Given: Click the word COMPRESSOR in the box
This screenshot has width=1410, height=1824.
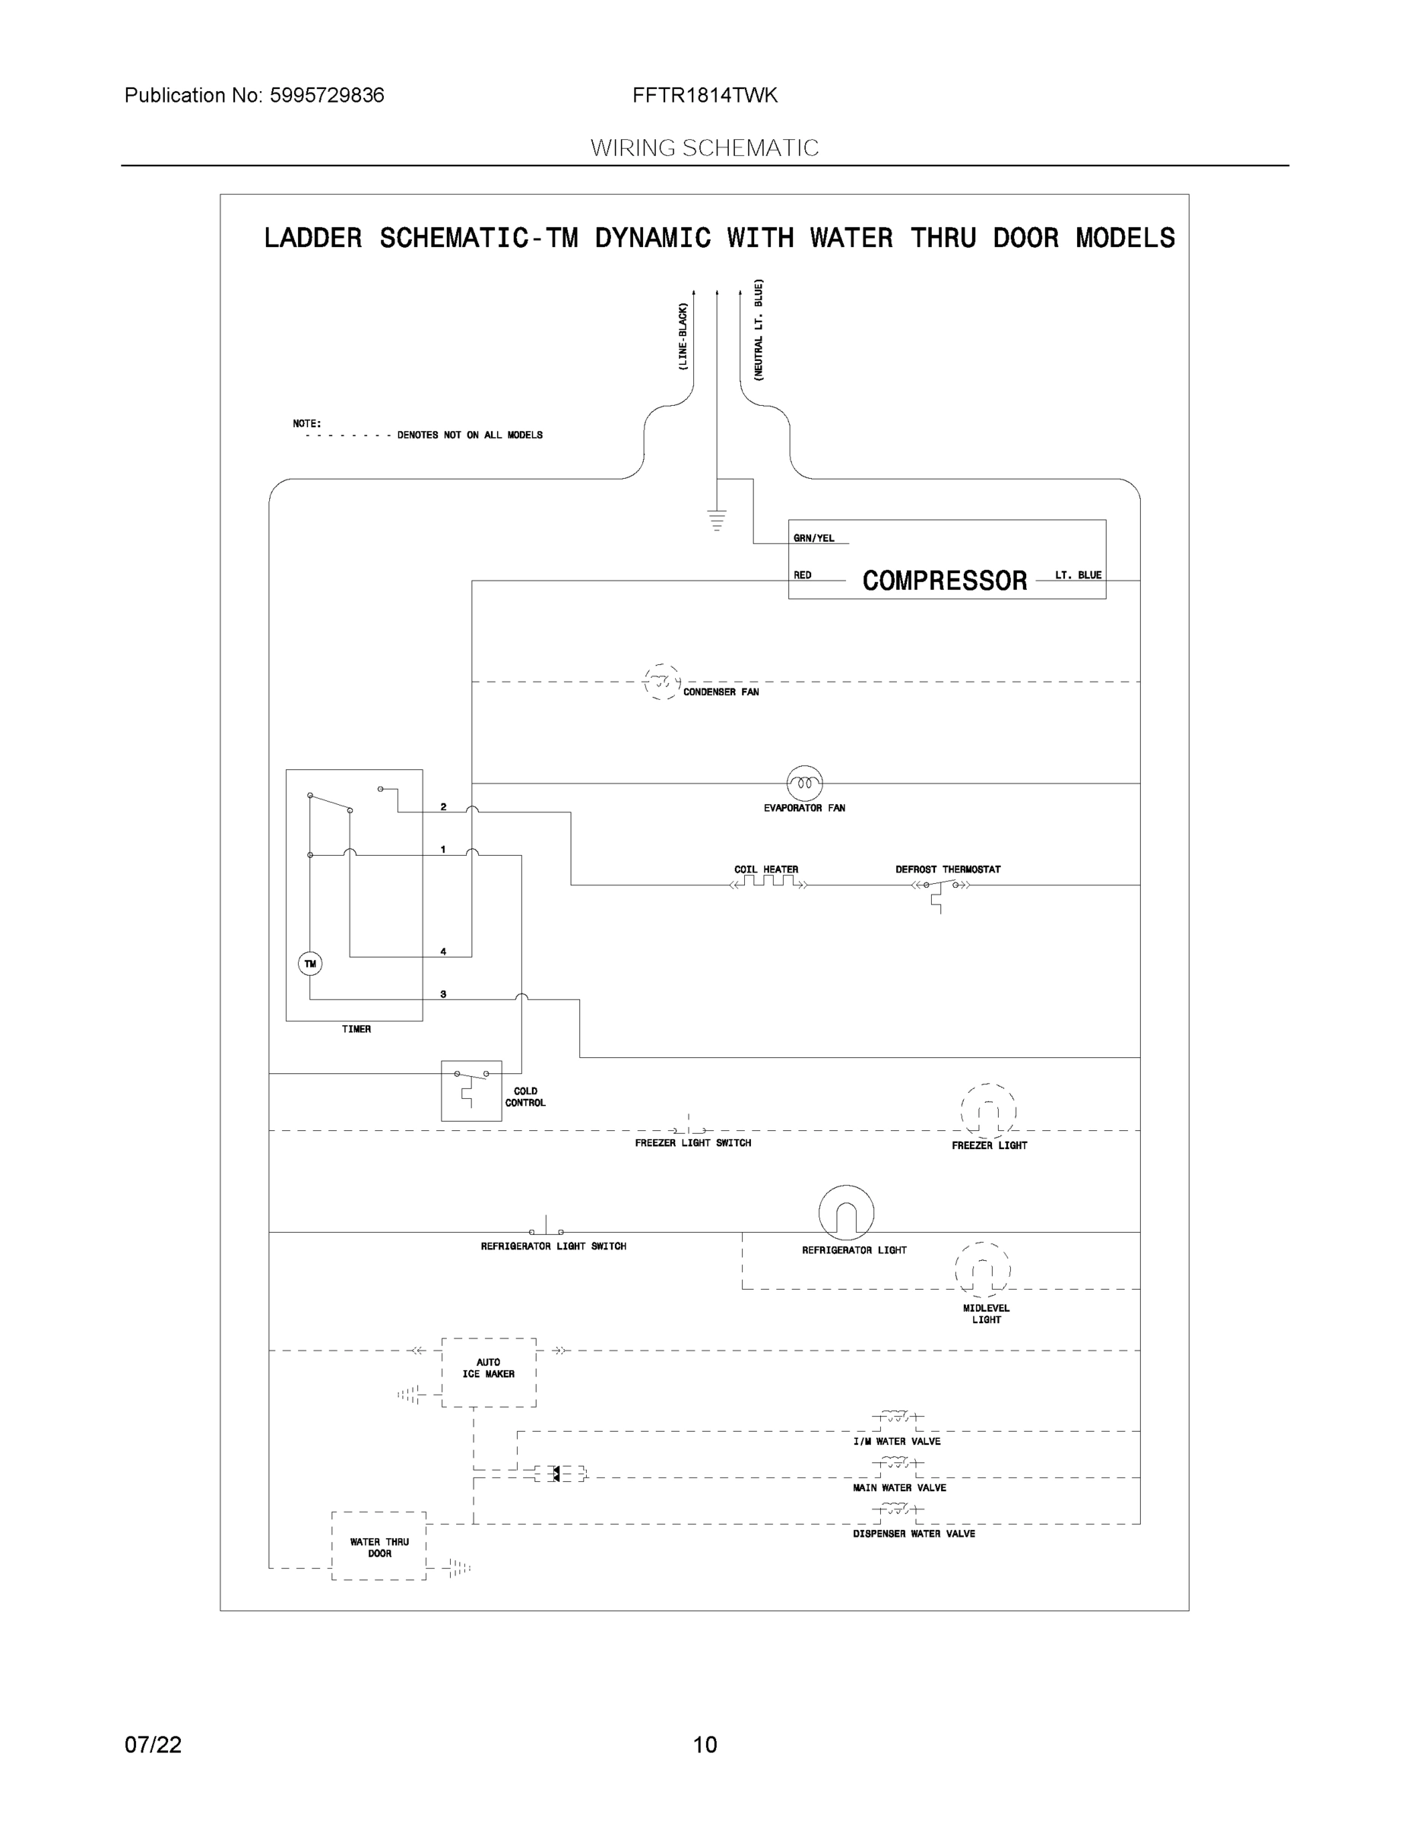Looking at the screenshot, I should coord(944,581).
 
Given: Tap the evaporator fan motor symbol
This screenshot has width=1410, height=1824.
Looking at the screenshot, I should coord(804,784).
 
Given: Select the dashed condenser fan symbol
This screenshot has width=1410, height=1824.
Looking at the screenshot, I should coord(662,682).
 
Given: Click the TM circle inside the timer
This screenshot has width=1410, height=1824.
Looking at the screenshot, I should coord(310,964).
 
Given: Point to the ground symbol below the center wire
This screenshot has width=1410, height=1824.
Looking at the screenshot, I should coord(717,520).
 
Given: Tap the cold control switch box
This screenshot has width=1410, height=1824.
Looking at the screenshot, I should coord(471,1090).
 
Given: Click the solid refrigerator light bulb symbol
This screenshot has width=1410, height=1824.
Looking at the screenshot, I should coord(846,1213).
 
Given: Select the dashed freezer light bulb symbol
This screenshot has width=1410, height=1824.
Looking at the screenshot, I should coord(988,1111).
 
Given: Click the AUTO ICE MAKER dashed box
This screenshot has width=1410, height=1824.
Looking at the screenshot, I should coord(489,1372).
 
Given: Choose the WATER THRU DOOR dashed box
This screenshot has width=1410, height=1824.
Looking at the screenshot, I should coord(379,1546).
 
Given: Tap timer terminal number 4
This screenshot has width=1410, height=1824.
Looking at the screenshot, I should coord(444,952).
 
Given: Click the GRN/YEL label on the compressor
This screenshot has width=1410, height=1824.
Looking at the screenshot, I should coord(813,538).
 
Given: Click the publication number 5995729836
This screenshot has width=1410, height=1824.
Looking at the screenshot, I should coord(327,95).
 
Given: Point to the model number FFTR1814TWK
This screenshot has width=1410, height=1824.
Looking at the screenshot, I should coord(705,95).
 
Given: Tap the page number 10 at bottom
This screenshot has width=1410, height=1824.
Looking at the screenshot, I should coord(705,1745).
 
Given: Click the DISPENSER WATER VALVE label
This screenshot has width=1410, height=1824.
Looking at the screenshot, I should coord(914,1534).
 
